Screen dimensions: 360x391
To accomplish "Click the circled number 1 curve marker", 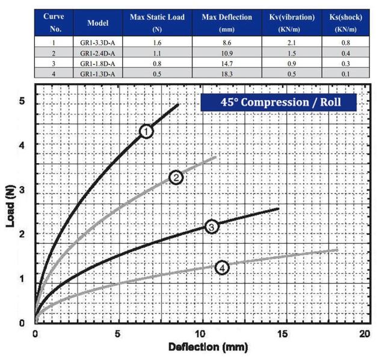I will (x=146, y=131).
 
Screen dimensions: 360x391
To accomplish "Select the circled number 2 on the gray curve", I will (x=176, y=177).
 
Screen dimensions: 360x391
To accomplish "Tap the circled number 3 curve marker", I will (x=211, y=227).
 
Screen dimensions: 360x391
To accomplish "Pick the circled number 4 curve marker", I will (x=222, y=268).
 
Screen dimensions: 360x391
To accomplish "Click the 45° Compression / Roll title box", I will (x=279, y=102).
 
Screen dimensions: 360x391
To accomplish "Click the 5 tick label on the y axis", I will (x=22, y=101).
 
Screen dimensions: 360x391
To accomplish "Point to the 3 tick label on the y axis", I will (x=22, y=190).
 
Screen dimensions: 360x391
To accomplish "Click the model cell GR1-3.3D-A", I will (x=97, y=43).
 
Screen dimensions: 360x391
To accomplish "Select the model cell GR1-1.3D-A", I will (x=97, y=74).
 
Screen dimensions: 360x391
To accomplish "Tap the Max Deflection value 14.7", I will (x=227, y=64).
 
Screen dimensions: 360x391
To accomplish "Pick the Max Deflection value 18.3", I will (x=227, y=74).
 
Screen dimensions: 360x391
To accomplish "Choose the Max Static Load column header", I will (x=158, y=22).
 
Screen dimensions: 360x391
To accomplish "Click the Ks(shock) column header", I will (x=349, y=22).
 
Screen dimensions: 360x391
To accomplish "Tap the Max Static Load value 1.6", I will (x=158, y=43).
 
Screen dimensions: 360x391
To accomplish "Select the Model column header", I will (x=97, y=23).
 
